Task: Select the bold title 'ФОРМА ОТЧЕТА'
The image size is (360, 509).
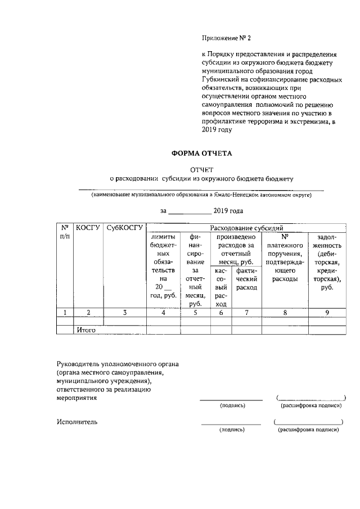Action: [201, 153]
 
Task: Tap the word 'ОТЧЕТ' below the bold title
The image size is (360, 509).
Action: [201, 169]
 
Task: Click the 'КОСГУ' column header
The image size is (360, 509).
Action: [88, 228]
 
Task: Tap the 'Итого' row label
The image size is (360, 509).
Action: [86, 330]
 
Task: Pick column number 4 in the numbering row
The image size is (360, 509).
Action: [163, 313]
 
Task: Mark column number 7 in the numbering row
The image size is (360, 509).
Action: [247, 313]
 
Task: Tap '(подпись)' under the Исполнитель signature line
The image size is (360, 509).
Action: [232, 430]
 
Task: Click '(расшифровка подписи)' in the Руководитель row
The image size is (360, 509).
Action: [311, 405]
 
